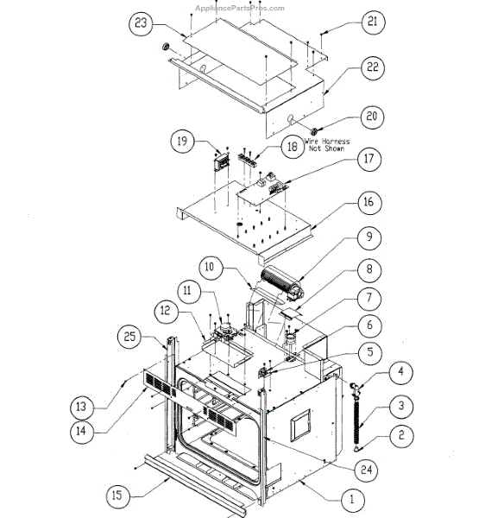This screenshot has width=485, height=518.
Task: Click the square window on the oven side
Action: point(300,427)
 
